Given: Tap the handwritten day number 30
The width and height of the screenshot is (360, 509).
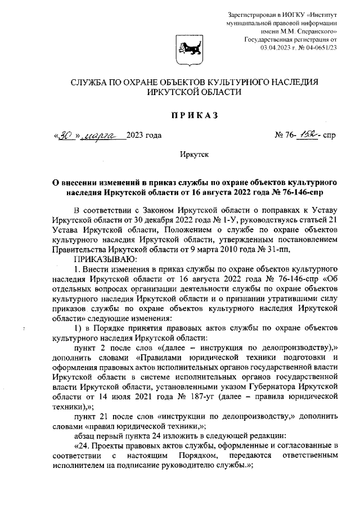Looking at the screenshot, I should (x=67, y=136).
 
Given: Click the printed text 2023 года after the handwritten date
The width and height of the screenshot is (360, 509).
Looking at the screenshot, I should (x=144, y=136).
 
